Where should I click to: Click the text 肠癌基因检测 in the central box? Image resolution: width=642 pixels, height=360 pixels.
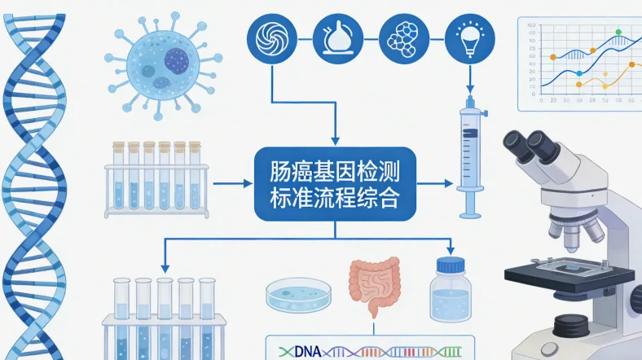(336, 173)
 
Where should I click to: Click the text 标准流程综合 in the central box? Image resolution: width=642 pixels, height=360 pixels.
(336, 198)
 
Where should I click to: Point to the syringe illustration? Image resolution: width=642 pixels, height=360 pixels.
(468, 155)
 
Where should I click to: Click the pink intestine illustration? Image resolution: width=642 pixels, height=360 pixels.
(375, 285)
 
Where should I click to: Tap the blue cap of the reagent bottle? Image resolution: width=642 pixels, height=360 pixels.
(450, 266)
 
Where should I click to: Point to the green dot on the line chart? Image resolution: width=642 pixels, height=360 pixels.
(618, 33)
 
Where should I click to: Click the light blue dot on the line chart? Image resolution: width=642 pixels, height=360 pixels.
(579, 72)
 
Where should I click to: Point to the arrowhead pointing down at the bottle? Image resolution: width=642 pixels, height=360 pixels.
(449, 249)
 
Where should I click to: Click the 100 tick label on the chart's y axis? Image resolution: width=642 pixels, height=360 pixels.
(530, 26)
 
